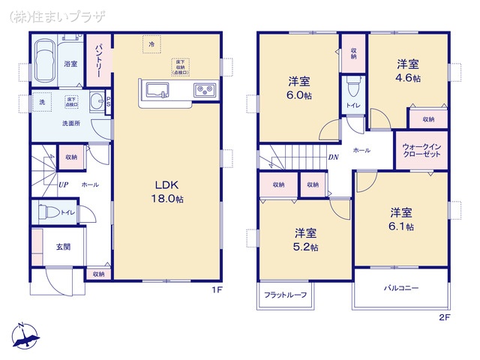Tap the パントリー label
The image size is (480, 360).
pos(98,57)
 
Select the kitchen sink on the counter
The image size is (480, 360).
pos(157,91)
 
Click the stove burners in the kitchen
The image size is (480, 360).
pos(204,91)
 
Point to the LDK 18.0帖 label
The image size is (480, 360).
pos(169,192)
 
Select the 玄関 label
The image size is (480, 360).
pos(62,247)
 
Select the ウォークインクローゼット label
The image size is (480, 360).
pos(421,150)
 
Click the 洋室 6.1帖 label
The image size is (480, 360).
pos(400,218)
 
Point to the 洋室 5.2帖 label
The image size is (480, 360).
pos(305,238)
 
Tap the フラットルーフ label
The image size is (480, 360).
pos(285,295)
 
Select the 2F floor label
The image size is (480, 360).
pos(444,317)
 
